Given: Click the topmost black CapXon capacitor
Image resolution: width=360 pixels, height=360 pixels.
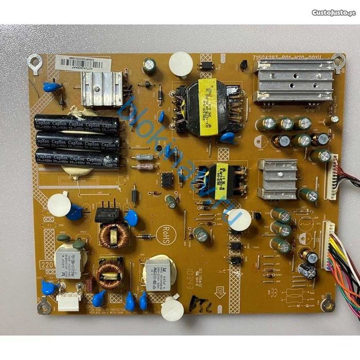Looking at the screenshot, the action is tap(76, 124).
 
